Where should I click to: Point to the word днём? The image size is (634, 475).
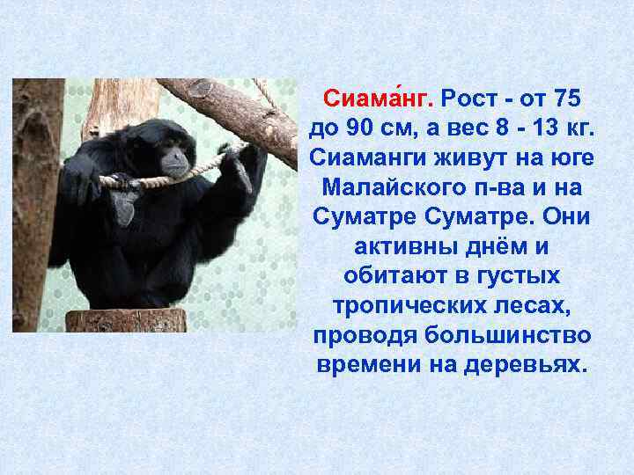click(x=509, y=245)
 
